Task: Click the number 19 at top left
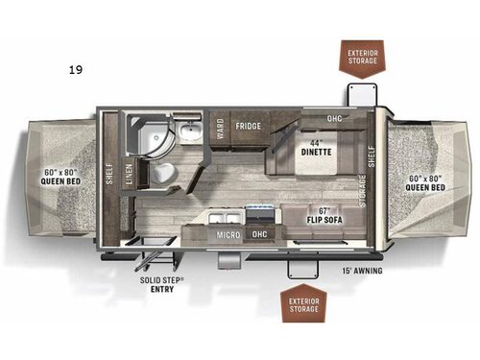[x=73, y=70]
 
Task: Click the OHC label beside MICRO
[x=258, y=233]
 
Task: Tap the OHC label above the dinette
[x=333, y=120]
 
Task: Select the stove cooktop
[x=260, y=212]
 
